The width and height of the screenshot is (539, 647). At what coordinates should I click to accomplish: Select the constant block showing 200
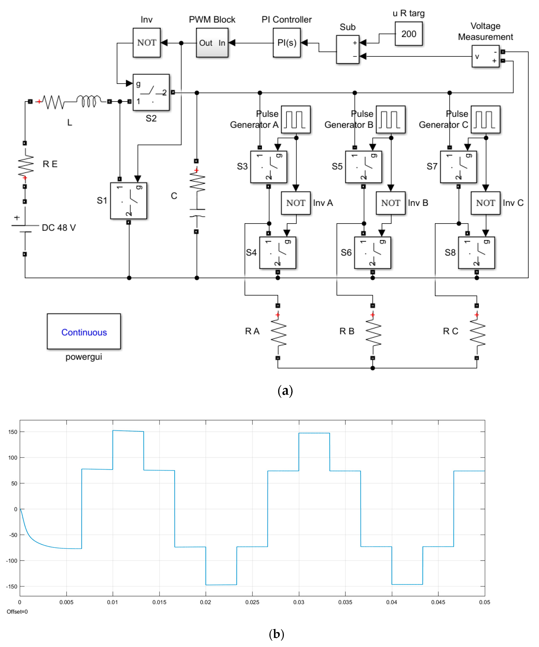[x=408, y=34]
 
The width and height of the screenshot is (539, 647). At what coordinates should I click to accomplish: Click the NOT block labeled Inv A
[x=295, y=203]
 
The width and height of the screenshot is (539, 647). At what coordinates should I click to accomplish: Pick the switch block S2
[x=151, y=92]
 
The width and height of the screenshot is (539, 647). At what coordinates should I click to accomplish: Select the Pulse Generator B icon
[x=390, y=120]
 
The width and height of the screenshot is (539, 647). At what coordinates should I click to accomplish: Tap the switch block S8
[x=476, y=253]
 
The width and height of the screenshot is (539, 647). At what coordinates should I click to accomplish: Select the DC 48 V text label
[x=58, y=228]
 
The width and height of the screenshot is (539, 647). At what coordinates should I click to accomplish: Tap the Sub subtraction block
[x=347, y=49]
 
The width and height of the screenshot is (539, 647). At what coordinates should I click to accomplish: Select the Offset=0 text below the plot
[x=17, y=612]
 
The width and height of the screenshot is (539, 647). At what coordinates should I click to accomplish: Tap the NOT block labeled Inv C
[x=485, y=203]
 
